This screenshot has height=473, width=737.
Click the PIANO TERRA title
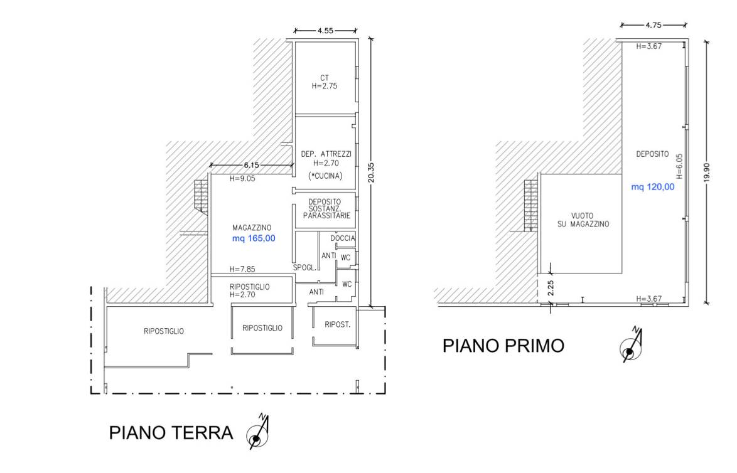171,433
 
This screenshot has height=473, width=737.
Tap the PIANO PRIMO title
503,346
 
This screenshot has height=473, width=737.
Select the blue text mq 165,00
254,238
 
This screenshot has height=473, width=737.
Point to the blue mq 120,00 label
653,187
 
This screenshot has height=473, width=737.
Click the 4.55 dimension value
325,31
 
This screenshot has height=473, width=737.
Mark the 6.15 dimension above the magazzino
252,166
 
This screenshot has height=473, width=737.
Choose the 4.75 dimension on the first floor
654,25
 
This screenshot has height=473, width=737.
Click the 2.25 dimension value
551,287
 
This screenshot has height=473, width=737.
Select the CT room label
325,78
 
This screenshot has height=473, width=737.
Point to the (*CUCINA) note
325,176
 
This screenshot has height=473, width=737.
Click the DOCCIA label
343,238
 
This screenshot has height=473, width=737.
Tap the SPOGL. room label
304,268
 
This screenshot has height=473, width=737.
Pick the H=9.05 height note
242,179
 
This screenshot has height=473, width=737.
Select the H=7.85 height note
242,269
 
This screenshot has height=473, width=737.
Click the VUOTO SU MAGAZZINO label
583,220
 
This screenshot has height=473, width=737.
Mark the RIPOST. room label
338,324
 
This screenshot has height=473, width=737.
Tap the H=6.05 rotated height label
679,166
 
